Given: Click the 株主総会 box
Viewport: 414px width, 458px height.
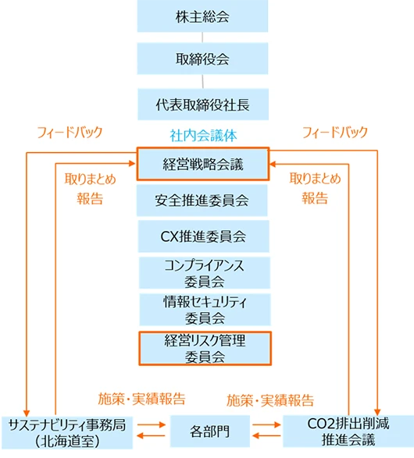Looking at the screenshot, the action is [x=202, y=16].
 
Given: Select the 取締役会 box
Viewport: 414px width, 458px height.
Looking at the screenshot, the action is [x=202, y=59].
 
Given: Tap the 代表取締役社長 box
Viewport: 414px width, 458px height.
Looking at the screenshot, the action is [x=203, y=105].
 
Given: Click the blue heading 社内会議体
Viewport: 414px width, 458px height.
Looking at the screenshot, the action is [x=203, y=136].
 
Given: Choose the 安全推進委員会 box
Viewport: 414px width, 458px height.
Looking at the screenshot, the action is [x=202, y=201].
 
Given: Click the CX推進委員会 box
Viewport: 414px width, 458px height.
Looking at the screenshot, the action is [x=204, y=236].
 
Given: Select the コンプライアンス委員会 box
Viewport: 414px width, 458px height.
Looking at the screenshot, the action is [x=205, y=273].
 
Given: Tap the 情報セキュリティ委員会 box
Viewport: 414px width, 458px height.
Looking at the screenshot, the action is [x=205, y=310].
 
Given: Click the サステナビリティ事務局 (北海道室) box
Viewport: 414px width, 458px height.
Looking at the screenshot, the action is [x=67, y=432].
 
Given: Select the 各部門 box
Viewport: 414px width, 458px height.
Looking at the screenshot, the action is [x=210, y=431].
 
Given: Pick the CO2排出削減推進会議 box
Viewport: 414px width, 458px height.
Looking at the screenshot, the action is [x=348, y=431].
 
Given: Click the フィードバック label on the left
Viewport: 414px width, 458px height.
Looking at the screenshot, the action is [x=70, y=132].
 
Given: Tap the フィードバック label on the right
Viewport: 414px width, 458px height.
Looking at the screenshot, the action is [x=335, y=132].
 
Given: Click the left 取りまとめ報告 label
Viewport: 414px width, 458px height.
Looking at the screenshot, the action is [x=90, y=189].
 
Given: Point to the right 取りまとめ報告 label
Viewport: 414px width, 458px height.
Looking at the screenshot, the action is [x=315, y=188].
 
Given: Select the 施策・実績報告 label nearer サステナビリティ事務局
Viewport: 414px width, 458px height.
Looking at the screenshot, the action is [x=142, y=399].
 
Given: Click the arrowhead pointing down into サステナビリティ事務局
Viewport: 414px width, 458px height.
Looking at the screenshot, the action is [x=27, y=413].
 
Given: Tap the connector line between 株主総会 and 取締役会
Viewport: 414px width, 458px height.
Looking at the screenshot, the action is [x=202, y=37].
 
